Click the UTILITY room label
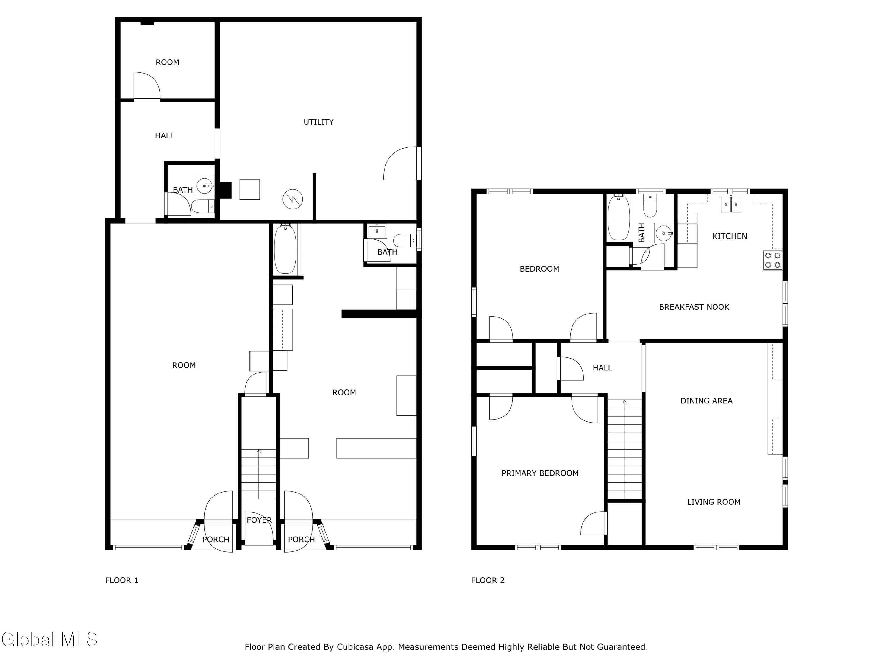(x=319, y=122)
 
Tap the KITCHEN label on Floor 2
(x=730, y=236)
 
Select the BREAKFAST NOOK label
(x=694, y=307)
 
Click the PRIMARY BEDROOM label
(x=540, y=473)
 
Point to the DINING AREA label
(x=706, y=401)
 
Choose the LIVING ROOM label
(x=714, y=502)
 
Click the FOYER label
(x=259, y=520)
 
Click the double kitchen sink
(x=731, y=204)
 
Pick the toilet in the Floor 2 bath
(x=650, y=206)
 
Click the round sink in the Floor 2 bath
(x=664, y=233)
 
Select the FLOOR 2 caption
(x=488, y=580)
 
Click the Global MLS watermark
(x=49, y=639)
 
